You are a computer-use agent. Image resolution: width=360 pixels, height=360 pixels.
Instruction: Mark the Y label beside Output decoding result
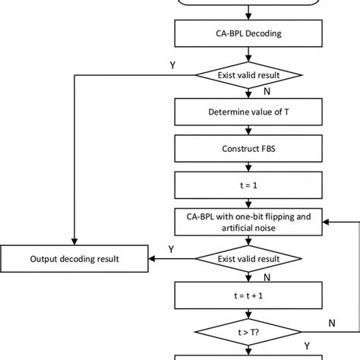pyautogui.click(x=172, y=249)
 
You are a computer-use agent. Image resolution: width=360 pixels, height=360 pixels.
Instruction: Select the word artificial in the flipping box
pyautogui.click(x=223, y=227)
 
